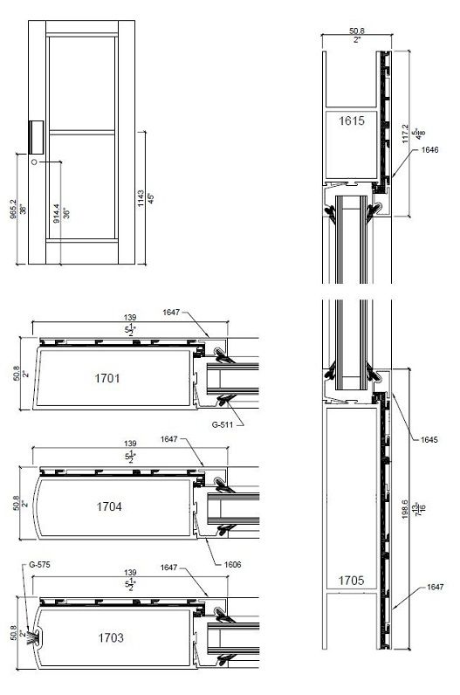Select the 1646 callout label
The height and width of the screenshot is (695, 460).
[x=429, y=150]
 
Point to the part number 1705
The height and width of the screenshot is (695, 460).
[x=343, y=577]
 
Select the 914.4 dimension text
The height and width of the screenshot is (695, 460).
[x=57, y=212]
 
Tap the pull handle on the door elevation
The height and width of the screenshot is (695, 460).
[x=37, y=136]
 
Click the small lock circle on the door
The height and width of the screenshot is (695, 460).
[x=35, y=163]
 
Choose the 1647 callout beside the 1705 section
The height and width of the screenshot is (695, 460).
[x=435, y=588]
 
